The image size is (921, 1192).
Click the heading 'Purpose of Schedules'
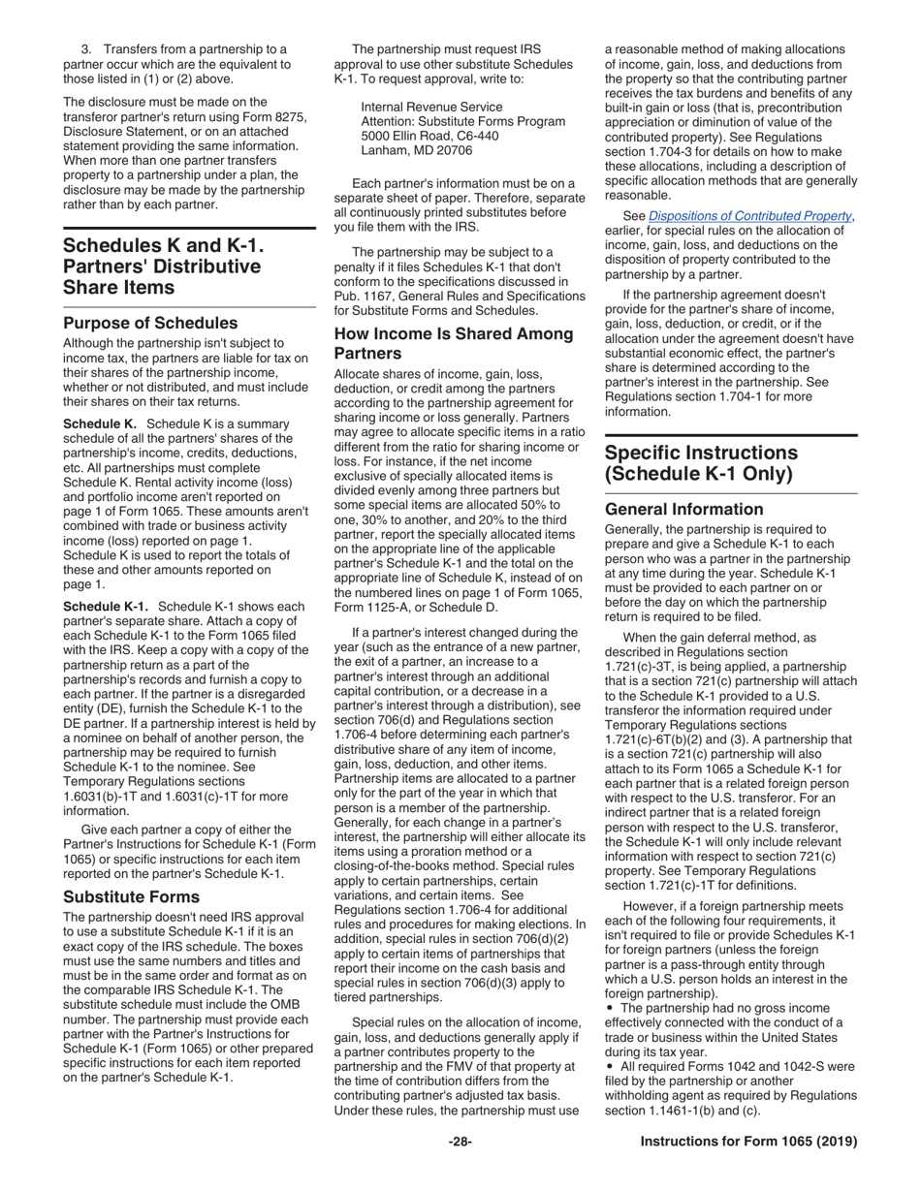coord(150,323)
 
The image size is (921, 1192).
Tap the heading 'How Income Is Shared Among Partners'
coord(454,344)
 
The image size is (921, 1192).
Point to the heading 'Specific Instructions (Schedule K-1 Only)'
coord(701,463)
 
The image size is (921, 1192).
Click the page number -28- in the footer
coord(460,1142)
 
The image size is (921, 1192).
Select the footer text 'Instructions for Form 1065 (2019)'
coord(748,1142)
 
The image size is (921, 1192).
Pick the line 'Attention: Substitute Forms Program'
coord(462,122)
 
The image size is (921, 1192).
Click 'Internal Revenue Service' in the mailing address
coord(431,107)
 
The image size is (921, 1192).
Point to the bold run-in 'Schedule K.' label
coord(99,424)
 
